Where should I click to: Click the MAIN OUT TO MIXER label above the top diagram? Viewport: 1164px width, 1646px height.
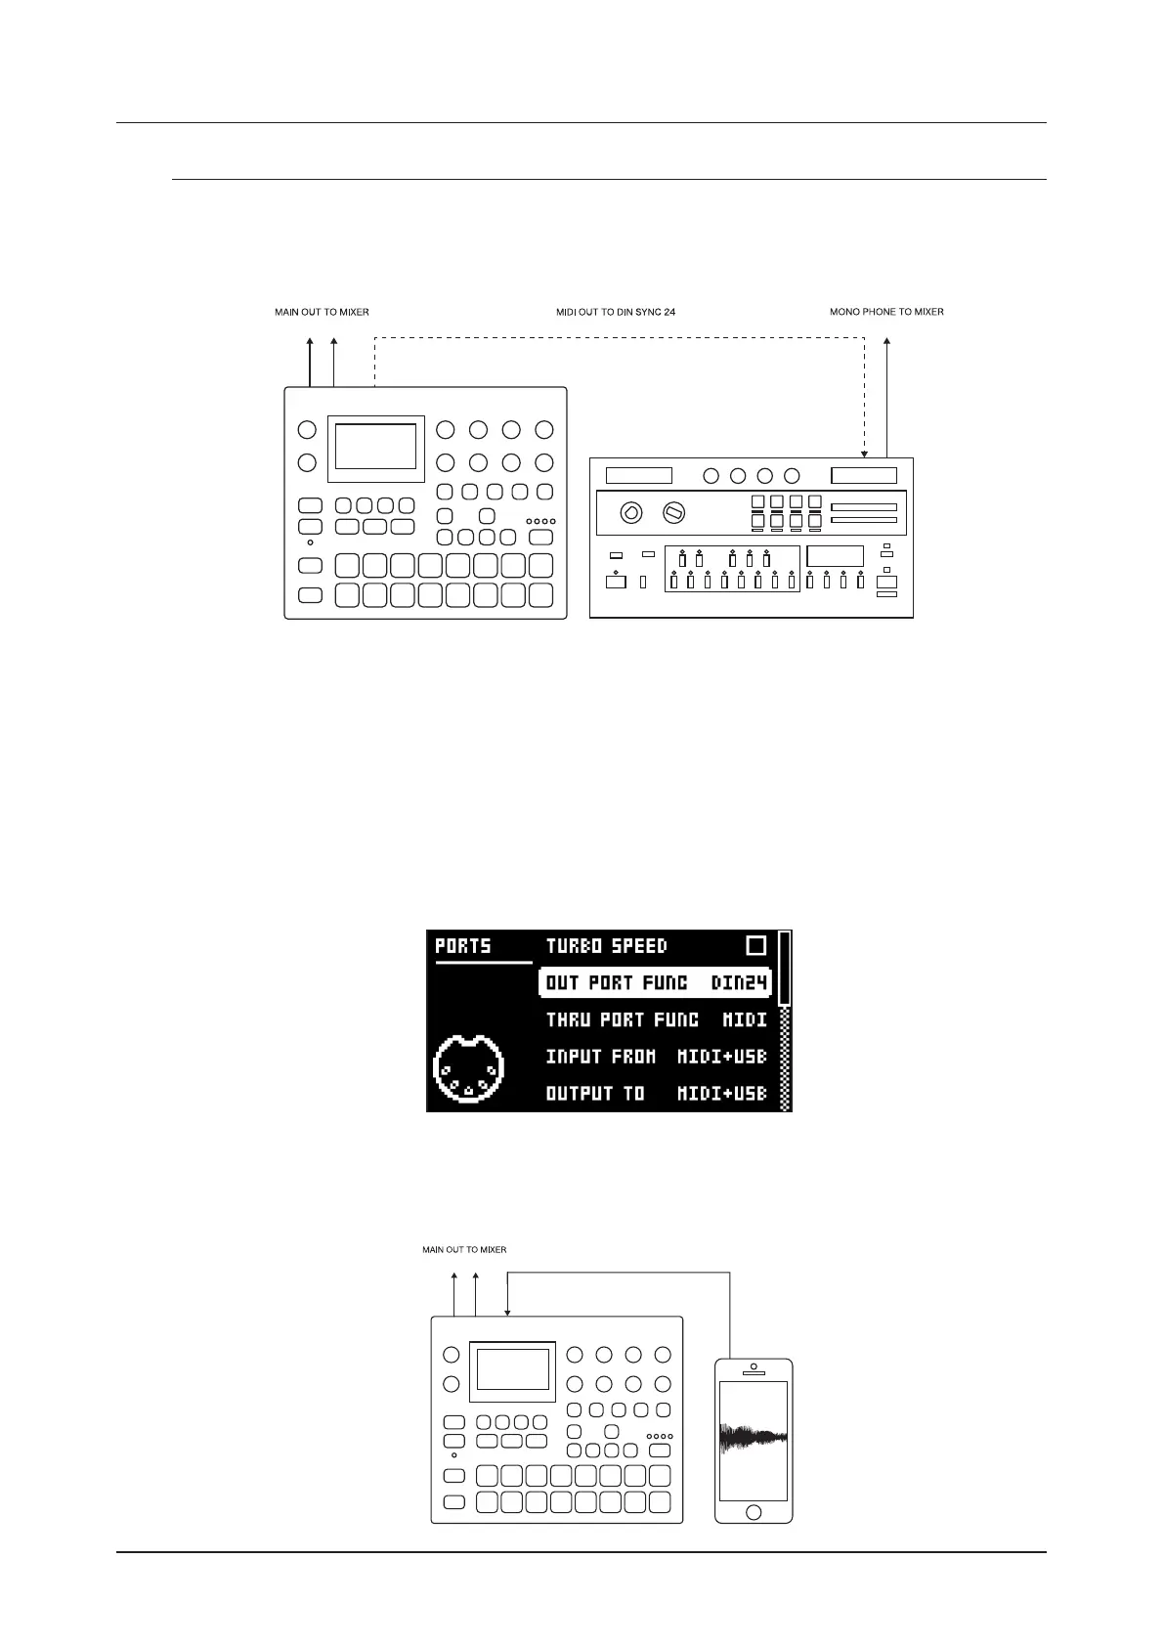pyautogui.click(x=322, y=312)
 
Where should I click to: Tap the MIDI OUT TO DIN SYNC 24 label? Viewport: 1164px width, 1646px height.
pyautogui.click(x=616, y=312)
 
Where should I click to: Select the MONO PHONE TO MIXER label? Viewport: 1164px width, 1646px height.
pyautogui.click(x=886, y=312)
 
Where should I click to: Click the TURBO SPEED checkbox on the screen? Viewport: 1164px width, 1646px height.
pyautogui.click(x=755, y=945)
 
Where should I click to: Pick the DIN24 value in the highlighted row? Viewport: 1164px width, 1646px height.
pyautogui.click(x=740, y=982)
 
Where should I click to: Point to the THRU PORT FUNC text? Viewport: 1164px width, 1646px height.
pyautogui.click(x=622, y=1019)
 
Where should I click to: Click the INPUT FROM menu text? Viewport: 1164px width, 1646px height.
pyautogui.click(x=600, y=1057)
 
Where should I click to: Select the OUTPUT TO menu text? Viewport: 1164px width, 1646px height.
pyautogui.click(x=594, y=1094)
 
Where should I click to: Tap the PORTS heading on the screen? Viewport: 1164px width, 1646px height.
pyautogui.click(x=463, y=946)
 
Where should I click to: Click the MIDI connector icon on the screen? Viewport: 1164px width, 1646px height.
pyautogui.click(x=468, y=1070)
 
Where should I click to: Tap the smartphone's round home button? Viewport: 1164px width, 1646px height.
pyautogui.click(x=753, y=1513)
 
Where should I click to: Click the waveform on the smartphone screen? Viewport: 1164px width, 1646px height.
pyautogui.click(x=753, y=1437)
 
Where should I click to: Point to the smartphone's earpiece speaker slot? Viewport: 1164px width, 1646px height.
pyautogui.click(x=753, y=1373)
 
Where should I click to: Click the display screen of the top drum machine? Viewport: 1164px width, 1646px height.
pyautogui.click(x=375, y=447)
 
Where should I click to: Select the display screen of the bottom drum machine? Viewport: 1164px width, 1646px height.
pyautogui.click(x=512, y=1368)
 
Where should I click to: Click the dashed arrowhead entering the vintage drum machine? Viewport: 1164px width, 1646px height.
pyautogui.click(x=864, y=454)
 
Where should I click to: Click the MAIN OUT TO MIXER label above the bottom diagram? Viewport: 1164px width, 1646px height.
pyautogui.click(x=464, y=1249)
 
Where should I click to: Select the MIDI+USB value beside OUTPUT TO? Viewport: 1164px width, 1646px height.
pyautogui.click(x=722, y=1094)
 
